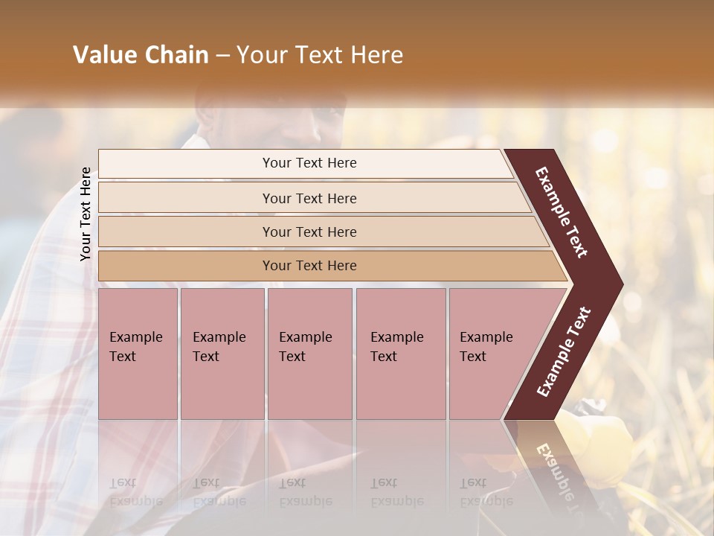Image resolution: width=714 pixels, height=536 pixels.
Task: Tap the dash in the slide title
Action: click(222, 56)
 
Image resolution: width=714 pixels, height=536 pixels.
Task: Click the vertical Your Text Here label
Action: click(86, 214)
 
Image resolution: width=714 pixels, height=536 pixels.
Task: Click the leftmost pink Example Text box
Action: click(138, 354)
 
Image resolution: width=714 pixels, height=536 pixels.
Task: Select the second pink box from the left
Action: click(222, 354)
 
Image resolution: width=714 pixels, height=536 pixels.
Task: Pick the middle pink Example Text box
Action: click(309, 354)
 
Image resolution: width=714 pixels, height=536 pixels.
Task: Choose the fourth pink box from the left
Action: click(400, 354)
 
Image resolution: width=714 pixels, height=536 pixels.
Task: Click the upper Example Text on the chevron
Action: click(562, 212)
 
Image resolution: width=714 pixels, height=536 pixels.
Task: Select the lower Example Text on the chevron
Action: click(564, 352)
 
